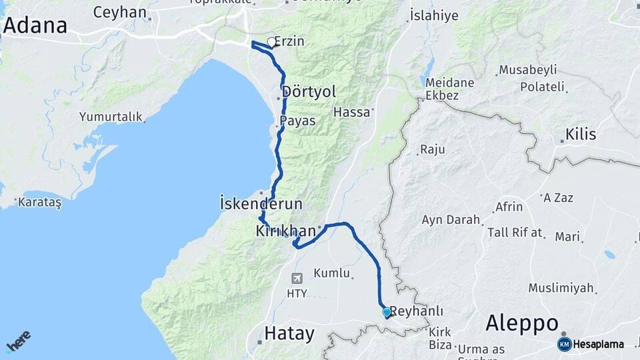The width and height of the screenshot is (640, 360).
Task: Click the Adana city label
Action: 35,26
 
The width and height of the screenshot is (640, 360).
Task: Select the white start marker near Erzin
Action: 271,43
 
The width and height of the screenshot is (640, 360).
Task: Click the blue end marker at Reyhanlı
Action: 387,311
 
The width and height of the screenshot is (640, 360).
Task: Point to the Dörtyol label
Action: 309,91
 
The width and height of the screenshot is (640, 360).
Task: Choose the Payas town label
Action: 297,121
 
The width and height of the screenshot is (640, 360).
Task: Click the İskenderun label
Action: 261,203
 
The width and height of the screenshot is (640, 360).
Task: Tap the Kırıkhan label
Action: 285,231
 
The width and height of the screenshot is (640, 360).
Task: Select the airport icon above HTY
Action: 297,278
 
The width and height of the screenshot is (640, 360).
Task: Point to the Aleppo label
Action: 522,323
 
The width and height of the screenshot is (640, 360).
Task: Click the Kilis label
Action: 580,135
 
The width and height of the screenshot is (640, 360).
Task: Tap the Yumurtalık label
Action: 111,117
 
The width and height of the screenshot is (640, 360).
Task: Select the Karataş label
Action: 40,202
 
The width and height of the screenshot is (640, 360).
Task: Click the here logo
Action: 18,342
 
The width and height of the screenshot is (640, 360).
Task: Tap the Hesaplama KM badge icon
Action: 565,344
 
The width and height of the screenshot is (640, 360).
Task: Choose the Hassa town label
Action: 351,112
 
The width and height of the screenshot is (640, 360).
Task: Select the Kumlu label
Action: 331,273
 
